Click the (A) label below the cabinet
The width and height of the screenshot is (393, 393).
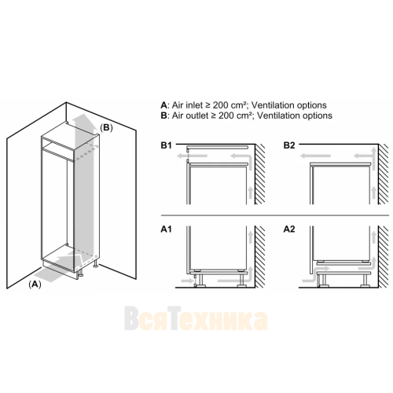[x=35, y=285]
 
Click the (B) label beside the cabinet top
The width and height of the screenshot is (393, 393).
[x=106, y=127]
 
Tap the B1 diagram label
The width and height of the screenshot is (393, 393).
[x=166, y=145]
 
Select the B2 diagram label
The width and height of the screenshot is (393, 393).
[x=289, y=145]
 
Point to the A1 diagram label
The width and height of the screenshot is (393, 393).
[x=166, y=230]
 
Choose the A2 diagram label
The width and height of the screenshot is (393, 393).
[x=289, y=230]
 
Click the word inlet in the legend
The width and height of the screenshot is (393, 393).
[x=193, y=105]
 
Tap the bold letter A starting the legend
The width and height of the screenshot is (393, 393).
[x=163, y=105]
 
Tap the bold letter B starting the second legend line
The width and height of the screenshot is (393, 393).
[x=163, y=116]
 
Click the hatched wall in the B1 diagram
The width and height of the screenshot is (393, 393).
[x=260, y=174]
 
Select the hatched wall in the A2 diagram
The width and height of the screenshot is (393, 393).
[x=383, y=257]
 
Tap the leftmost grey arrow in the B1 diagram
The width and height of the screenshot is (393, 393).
[x=192, y=156]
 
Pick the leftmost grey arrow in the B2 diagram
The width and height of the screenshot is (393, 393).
[x=315, y=156]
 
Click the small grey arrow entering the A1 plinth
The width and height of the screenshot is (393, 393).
[x=187, y=281]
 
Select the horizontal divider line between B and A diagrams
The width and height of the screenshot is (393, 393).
[x=275, y=215]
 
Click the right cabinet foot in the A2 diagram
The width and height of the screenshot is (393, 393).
[x=364, y=281]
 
